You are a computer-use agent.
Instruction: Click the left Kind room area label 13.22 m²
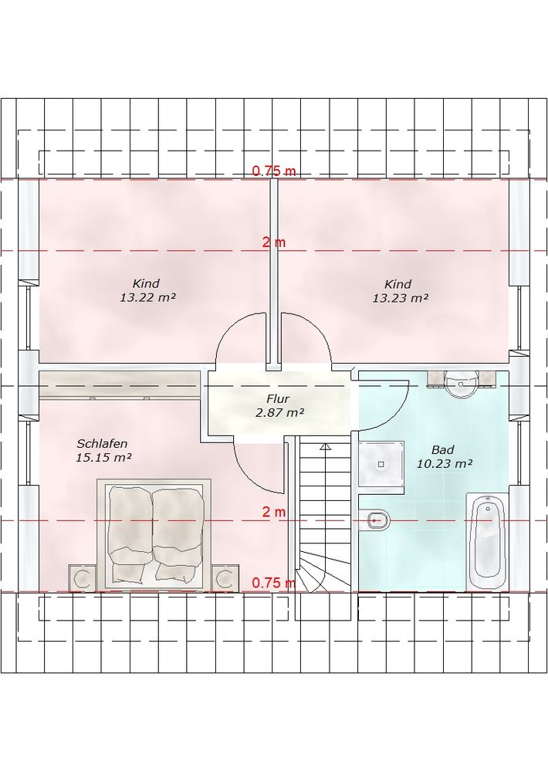pyautogui.click(x=147, y=298)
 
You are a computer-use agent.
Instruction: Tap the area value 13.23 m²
pyautogui.click(x=400, y=298)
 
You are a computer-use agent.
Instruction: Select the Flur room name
pyautogui.click(x=278, y=399)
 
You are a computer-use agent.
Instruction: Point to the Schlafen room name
pyautogui.click(x=103, y=444)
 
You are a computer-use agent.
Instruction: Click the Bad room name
pyautogui.click(x=442, y=449)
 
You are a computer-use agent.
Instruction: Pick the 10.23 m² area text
pyautogui.click(x=445, y=463)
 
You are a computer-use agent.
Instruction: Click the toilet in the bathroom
pyautogui.click(x=377, y=519)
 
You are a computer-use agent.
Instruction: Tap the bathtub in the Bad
pyautogui.click(x=487, y=540)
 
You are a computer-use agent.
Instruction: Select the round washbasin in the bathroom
pyautogui.click(x=461, y=384)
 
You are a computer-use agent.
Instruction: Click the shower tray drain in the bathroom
pyautogui.click(x=381, y=464)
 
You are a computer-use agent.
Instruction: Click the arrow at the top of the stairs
pyautogui.click(x=324, y=446)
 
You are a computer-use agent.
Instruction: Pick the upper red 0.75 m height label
pyautogui.click(x=274, y=171)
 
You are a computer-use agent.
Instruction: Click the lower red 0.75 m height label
pyautogui.click(x=274, y=583)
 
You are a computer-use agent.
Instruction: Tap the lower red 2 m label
pyautogui.click(x=274, y=512)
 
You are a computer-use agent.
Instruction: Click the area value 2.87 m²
pyautogui.click(x=279, y=412)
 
